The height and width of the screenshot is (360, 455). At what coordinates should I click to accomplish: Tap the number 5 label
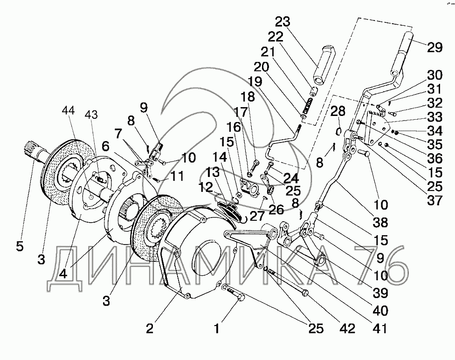click(19, 246)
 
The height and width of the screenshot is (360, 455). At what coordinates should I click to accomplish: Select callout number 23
click(283, 22)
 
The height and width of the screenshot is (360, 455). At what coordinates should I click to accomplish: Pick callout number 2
click(149, 328)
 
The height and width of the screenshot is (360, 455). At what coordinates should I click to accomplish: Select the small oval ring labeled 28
click(339, 130)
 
